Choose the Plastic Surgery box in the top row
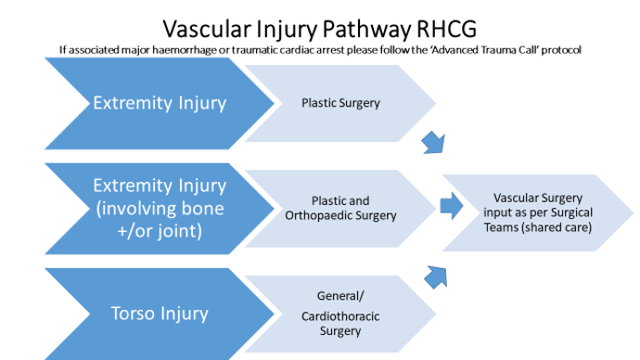[x=340, y=103]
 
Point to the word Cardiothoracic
[x=341, y=315]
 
